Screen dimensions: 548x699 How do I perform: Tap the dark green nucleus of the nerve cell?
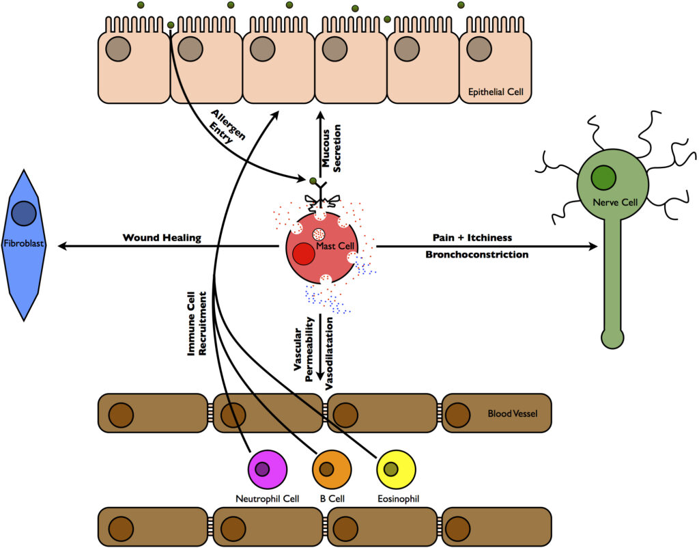coord(604,178)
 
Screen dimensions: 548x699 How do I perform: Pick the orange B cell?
coord(332,470)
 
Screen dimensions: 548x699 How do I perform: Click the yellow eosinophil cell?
coord(397,470)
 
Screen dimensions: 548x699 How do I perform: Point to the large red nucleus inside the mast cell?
coord(304,254)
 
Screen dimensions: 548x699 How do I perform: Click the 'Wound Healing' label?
coord(162,238)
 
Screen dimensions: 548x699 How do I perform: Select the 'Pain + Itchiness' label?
coord(472,237)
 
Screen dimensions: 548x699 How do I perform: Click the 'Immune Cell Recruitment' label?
coord(197,321)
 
